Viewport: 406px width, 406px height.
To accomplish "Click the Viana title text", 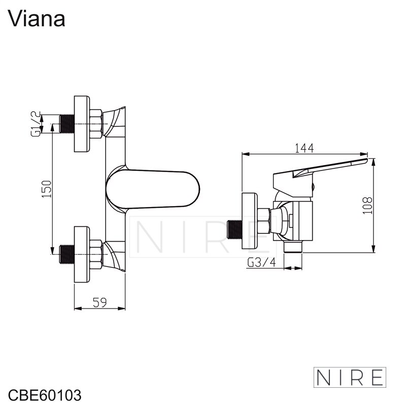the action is click(36, 19).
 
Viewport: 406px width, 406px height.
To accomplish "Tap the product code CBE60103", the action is click(45, 395).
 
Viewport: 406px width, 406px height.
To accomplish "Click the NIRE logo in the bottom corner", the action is click(350, 377).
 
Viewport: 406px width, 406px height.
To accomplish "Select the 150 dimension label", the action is click(47, 189).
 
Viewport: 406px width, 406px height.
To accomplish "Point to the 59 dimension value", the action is click(99, 302).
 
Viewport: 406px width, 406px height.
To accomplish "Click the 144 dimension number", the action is click(304, 148).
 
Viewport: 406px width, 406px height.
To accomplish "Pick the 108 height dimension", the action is click(367, 206).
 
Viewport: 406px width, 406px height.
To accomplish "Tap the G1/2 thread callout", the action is click(36, 124).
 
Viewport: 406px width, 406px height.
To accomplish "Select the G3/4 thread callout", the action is click(261, 262).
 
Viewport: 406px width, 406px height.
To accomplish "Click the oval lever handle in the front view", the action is click(153, 189).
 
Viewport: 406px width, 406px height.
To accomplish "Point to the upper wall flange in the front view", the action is click(82, 124).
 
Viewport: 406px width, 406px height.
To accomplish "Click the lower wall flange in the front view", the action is click(82, 254).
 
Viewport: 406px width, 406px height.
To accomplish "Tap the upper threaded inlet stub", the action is click(67, 124).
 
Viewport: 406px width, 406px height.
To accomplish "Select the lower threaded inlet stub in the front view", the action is click(67, 254).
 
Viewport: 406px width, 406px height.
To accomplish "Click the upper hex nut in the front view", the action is click(96, 124).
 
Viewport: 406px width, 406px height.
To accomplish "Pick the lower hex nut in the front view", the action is click(96, 254).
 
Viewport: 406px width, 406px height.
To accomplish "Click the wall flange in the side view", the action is click(250, 221).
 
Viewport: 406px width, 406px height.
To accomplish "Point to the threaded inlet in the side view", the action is click(234, 229).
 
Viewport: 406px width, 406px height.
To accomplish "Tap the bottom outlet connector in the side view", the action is click(293, 247).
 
